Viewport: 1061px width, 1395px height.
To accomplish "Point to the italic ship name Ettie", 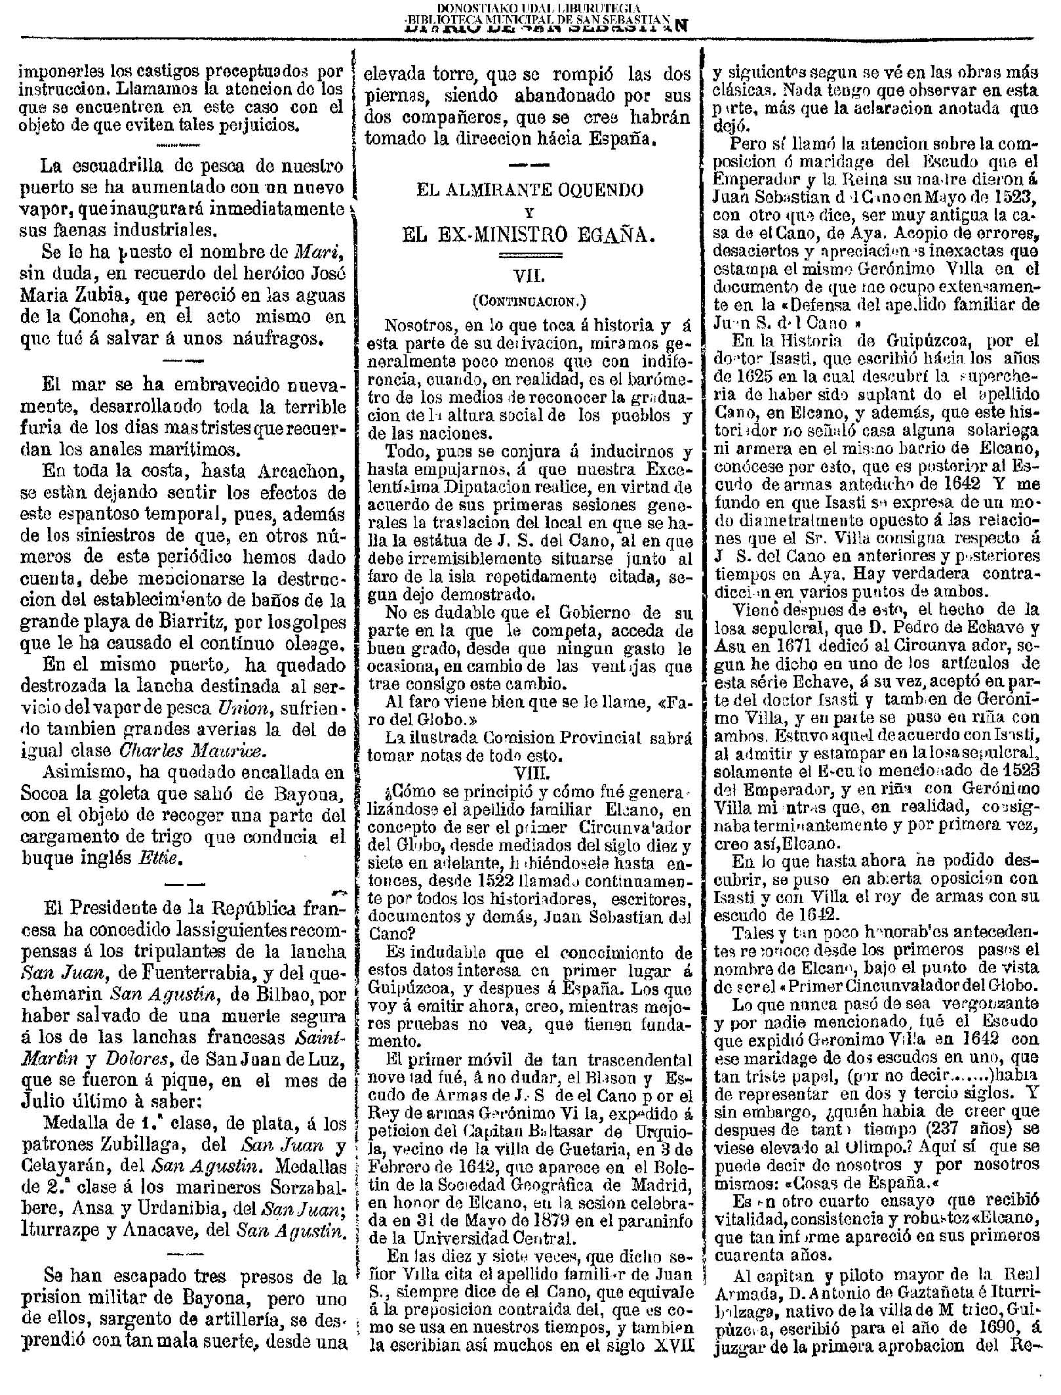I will click(161, 856).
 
